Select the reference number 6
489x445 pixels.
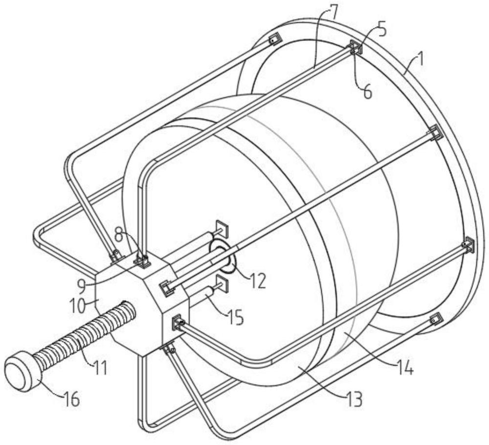(368, 92)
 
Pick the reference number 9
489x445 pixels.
(82, 287)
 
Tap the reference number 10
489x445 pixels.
(77, 306)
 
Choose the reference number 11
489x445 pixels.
(100, 368)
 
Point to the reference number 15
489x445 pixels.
(236, 318)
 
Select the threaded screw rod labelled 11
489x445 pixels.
(84, 338)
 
